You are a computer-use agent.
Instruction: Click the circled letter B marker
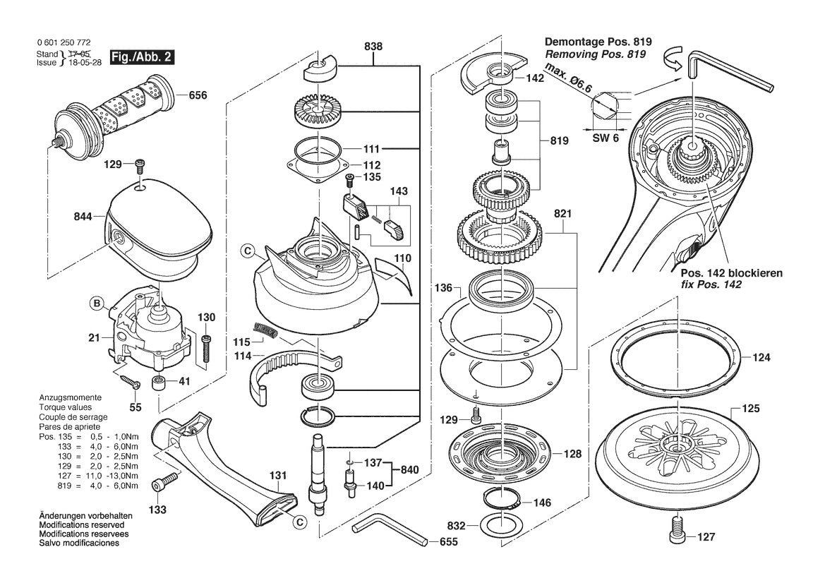pyautogui.click(x=96, y=305)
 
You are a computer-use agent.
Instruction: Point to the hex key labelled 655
pyautogui.click(x=388, y=531)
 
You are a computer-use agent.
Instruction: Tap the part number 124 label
pyautogui.click(x=761, y=358)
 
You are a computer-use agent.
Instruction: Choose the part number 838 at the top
pyautogui.click(x=373, y=46)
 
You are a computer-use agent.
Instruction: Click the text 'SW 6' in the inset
pyautogui.click(x=605, y=138)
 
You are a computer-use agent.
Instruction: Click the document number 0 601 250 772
pyautogui.click(x=63, y=43)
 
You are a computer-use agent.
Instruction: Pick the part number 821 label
pyautogui.click(x=562, y=213)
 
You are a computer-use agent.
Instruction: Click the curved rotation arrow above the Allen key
pyautogui.click(x=670, y=62)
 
